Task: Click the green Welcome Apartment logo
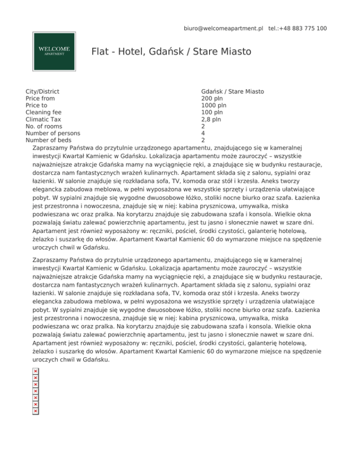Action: tap(54, 51)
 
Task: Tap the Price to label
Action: tap(36, 105)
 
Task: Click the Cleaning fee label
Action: tap(43, 113)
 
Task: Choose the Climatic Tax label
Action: tap(43, 120)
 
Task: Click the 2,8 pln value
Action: tap(211, 120)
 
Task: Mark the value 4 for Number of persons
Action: tap(203, 133)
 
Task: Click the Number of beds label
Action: tap(49, 140)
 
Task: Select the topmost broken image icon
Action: tap(35, 371)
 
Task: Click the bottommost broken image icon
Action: tap(35, 411)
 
